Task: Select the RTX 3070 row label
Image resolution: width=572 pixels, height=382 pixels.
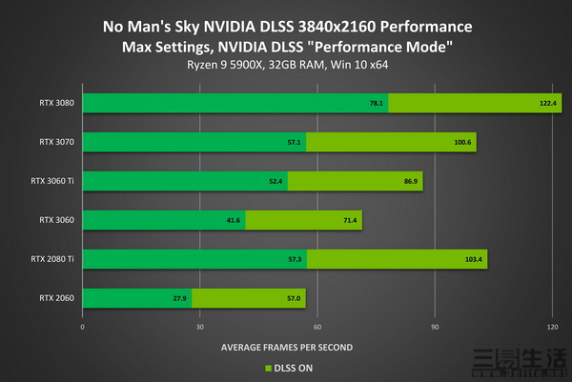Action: click(53, 142)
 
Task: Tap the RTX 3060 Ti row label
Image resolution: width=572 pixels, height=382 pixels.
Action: click(50, 181)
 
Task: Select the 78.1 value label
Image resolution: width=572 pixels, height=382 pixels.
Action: click(376, 104)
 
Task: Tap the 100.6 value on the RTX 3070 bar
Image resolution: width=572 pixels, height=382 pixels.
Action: click(462, 143)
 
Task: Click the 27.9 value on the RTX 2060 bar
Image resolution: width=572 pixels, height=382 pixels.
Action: click(180, 299)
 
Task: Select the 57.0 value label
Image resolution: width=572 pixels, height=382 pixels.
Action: click(293, 299)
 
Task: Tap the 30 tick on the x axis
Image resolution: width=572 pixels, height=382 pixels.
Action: click(200, 326)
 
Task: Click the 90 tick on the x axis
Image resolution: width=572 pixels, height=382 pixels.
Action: click(435, 326)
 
